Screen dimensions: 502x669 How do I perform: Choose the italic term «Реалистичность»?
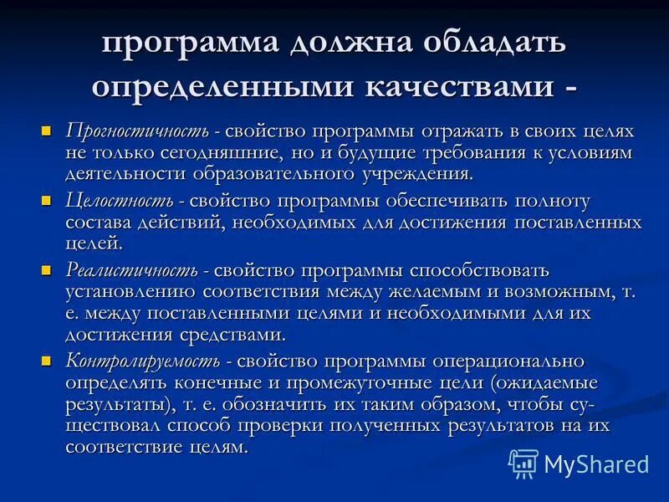point(132,270)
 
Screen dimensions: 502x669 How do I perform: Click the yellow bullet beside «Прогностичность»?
point(48,131)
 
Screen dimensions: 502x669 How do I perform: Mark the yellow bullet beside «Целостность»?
point(48,201)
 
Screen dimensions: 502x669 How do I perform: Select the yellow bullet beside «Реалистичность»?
point(48,270)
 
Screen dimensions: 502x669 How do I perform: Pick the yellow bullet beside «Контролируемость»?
point(48,361)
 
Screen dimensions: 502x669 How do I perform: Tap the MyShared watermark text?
point(595,464)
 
